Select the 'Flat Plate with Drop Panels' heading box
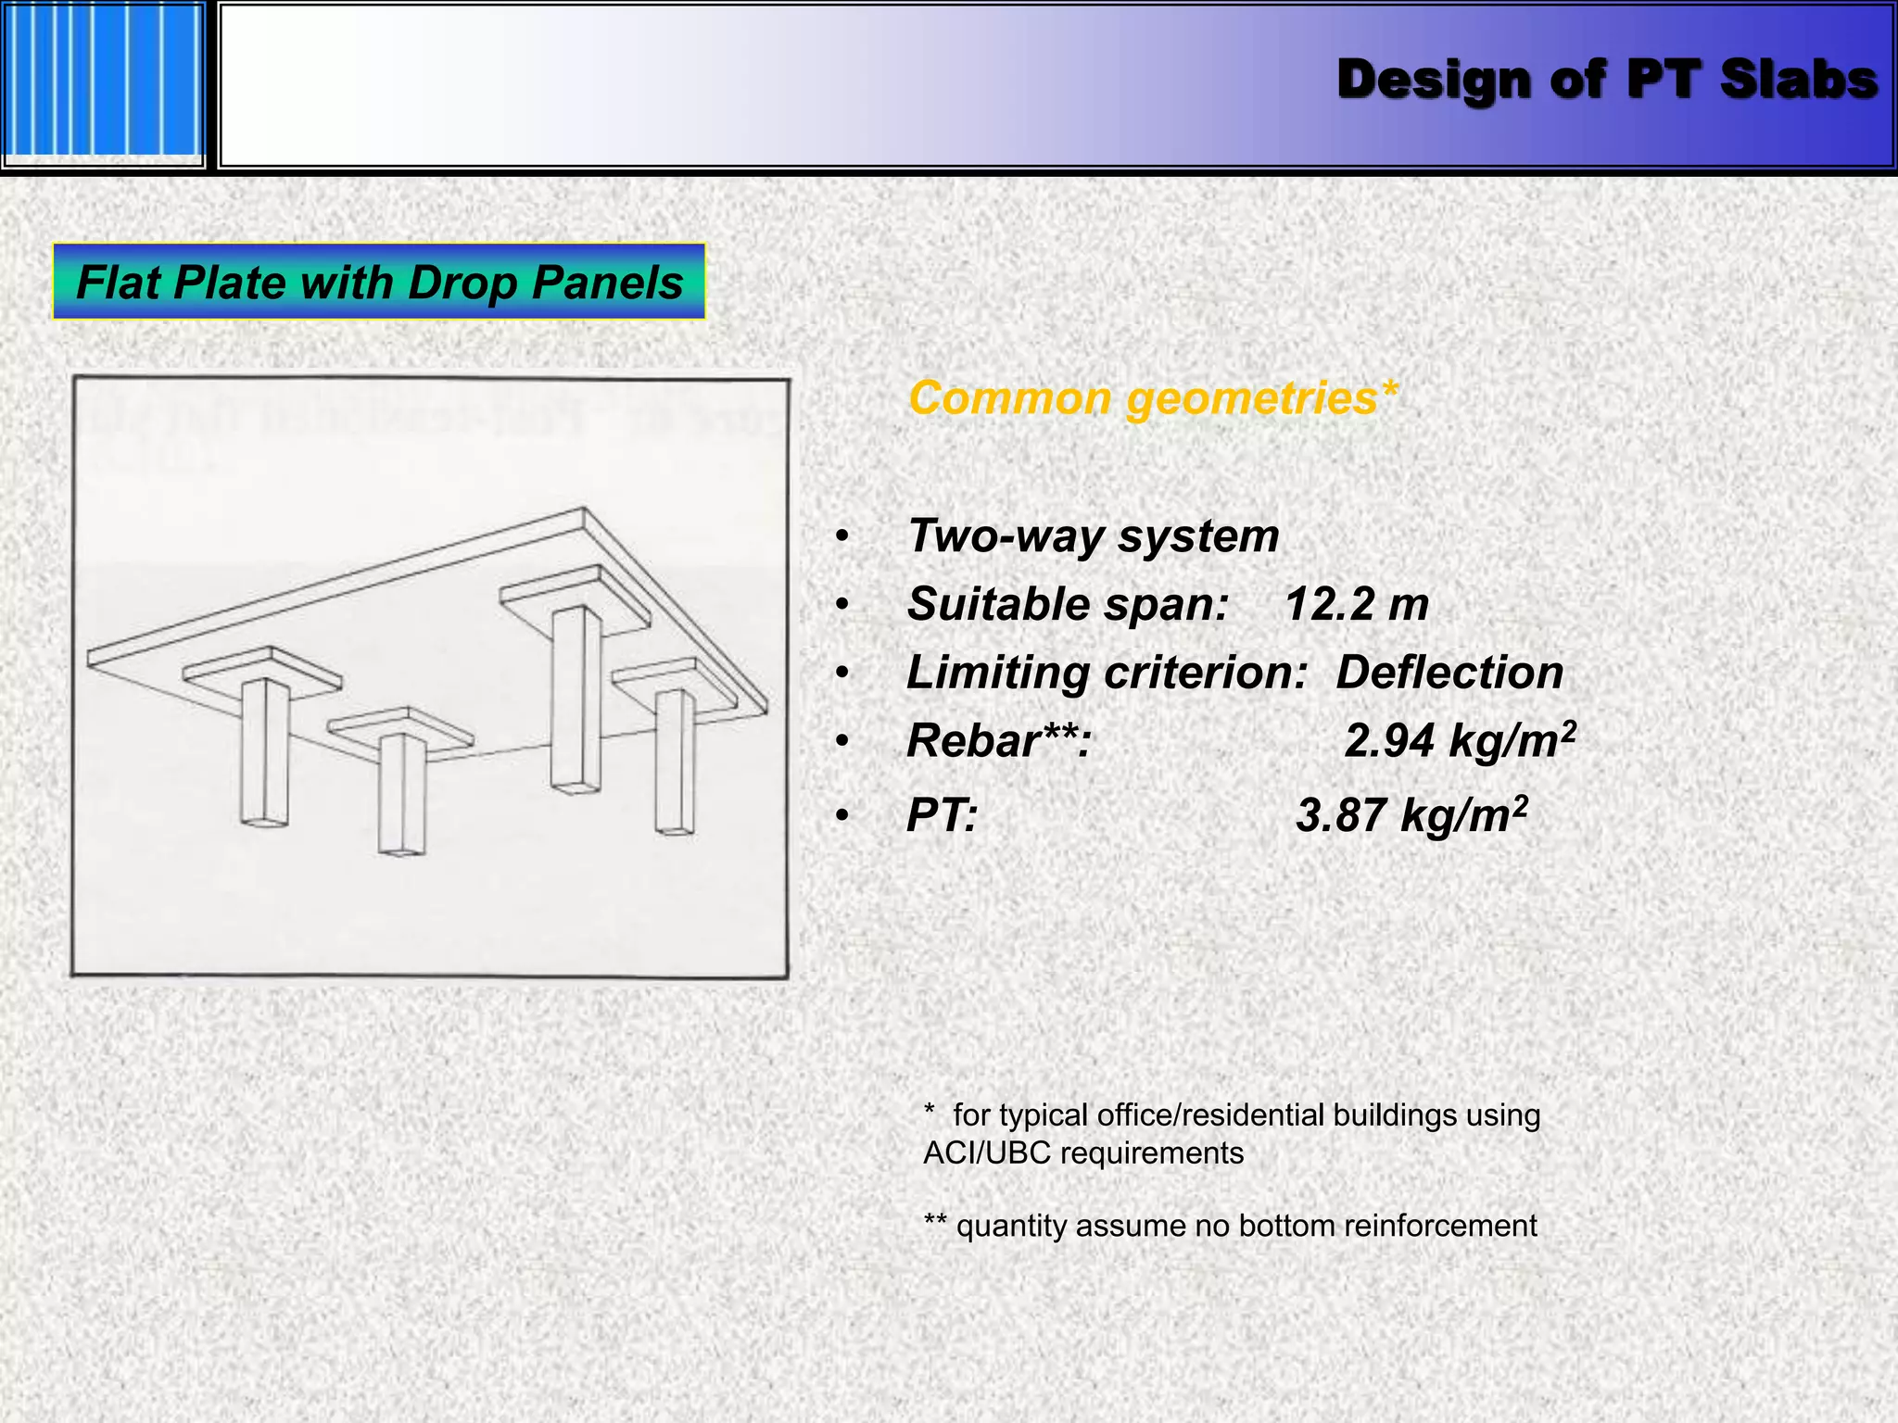pos(379,282)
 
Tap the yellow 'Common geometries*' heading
pos(1153,398)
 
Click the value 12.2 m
pos(1357,605)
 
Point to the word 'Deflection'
pos(1449,673)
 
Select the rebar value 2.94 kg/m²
pos(1460,741)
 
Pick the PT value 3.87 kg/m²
pos(1411,816)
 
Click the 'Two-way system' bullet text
pos(1094,536)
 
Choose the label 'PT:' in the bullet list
pos(942,816)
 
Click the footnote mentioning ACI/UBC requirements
pos(1231,1134)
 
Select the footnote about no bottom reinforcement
pos(1231,1226)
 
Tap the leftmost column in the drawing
pos(264,750)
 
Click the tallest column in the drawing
pos(576,699)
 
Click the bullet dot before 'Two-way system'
pos(841,537)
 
